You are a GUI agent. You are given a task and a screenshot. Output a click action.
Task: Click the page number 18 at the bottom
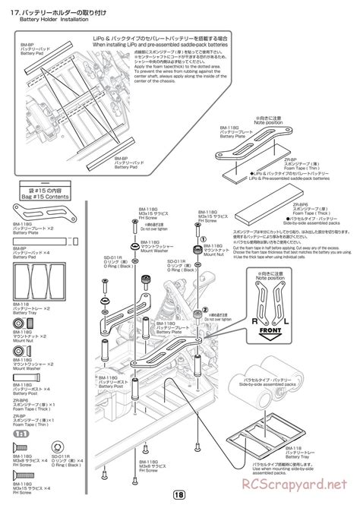tap(180, 494)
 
